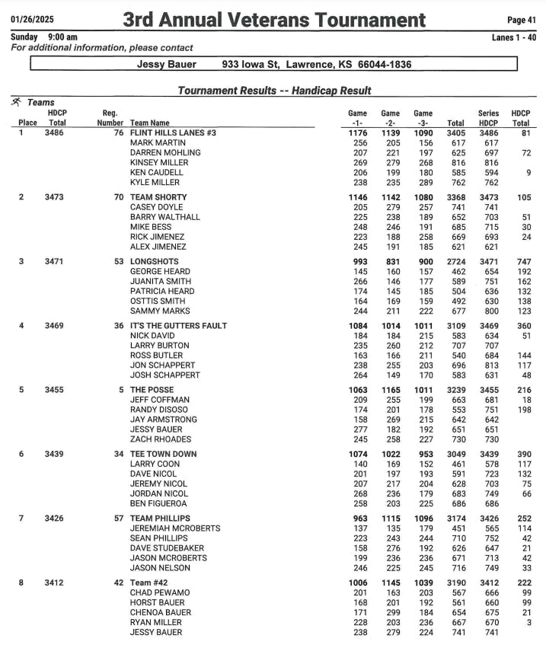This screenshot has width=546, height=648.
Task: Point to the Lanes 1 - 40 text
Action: point(515,37)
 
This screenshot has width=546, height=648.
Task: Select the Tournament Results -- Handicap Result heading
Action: point(274,91)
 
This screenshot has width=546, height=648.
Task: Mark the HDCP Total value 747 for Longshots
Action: point(521,262)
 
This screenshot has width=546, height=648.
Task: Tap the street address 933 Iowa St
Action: point(252,65)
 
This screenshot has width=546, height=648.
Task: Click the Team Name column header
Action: point(150,123)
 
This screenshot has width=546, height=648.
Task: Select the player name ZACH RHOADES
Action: point(160,439)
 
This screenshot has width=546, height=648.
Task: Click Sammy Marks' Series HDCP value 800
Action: point(488,311)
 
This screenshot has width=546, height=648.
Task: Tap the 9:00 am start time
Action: point(62,37)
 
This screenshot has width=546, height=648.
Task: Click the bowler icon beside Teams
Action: point(16,101)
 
